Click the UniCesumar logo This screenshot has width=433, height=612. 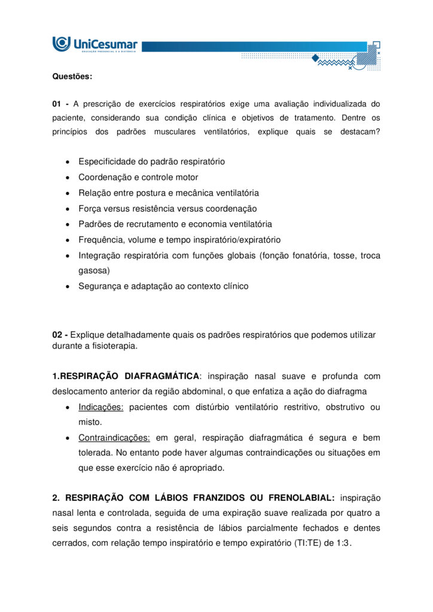click(x=95, y=45)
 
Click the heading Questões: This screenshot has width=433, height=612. click(x=72, y=76)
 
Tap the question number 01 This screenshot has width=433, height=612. click(x=57, y=104)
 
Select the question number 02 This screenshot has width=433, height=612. click(x=58, y=335)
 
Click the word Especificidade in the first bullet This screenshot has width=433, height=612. click(x=106, y=162)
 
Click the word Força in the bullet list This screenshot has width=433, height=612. click(x=90, y=209)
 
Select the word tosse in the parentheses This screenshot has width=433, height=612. click(x=341, y=255)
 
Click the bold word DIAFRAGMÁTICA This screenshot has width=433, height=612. click(x=162, y=377)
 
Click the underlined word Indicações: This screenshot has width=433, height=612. click(x=101, y=408)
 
